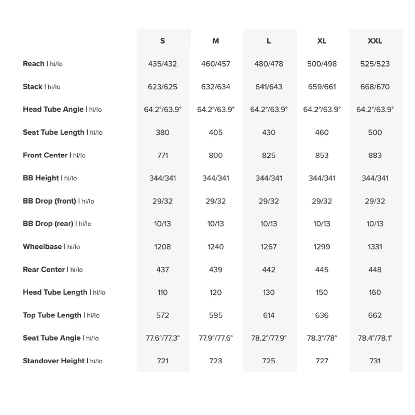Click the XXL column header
click(375, 41)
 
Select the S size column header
click(163, 41)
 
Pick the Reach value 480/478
click(269, 64)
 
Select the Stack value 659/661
click(322, 87)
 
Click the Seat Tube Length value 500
click(375, 132)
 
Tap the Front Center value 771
click(163, 155)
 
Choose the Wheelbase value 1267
click(269, 247)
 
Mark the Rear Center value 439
click(216, 270)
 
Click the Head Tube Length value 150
click(322, 292)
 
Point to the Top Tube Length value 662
click(375, 315)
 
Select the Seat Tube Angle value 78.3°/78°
click(322, 338)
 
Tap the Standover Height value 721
click(163, 361)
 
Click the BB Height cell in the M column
click(216, 178)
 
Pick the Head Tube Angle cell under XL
click(322, 110)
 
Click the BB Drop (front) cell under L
click(269, 201)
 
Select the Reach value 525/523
click(375, 64)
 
